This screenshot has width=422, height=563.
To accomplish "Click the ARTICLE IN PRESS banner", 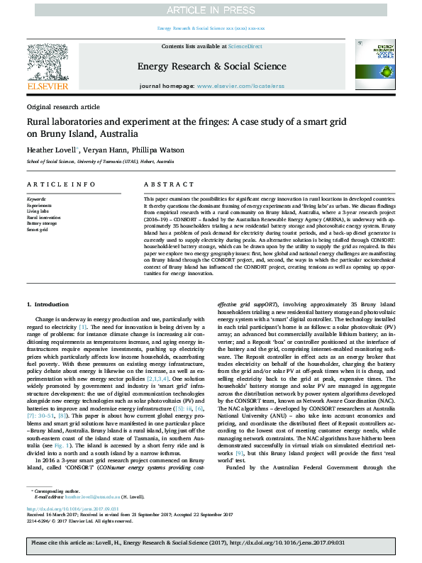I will tap(211, 10).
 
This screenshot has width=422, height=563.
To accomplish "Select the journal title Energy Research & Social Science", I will tap(211, 66).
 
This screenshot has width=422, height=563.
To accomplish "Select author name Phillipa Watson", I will tap(164, 150).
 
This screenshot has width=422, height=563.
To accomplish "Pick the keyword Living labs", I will tap(38, 211).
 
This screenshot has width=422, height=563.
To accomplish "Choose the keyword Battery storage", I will tap(42, 223).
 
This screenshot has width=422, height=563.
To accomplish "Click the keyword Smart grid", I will tap(38, 229).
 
